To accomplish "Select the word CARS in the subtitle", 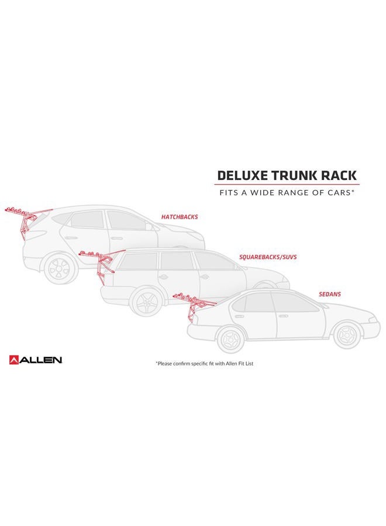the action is coord(337,193).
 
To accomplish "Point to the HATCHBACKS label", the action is coord(180,217).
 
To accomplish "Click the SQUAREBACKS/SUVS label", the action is coord(268,257).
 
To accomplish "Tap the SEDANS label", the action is coord(330,294).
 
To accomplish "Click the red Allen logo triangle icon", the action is coord(15,360).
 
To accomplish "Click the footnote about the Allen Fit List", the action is coord(205,364).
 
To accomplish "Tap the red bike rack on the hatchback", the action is coord(27,219).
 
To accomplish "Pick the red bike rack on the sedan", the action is coord(194,306).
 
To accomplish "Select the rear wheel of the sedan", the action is coord(232,340).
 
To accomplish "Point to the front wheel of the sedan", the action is coord(347,335).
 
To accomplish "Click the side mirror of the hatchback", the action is coord(149,227).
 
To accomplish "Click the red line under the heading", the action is coord(287,185).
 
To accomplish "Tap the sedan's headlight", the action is coord(373,319).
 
